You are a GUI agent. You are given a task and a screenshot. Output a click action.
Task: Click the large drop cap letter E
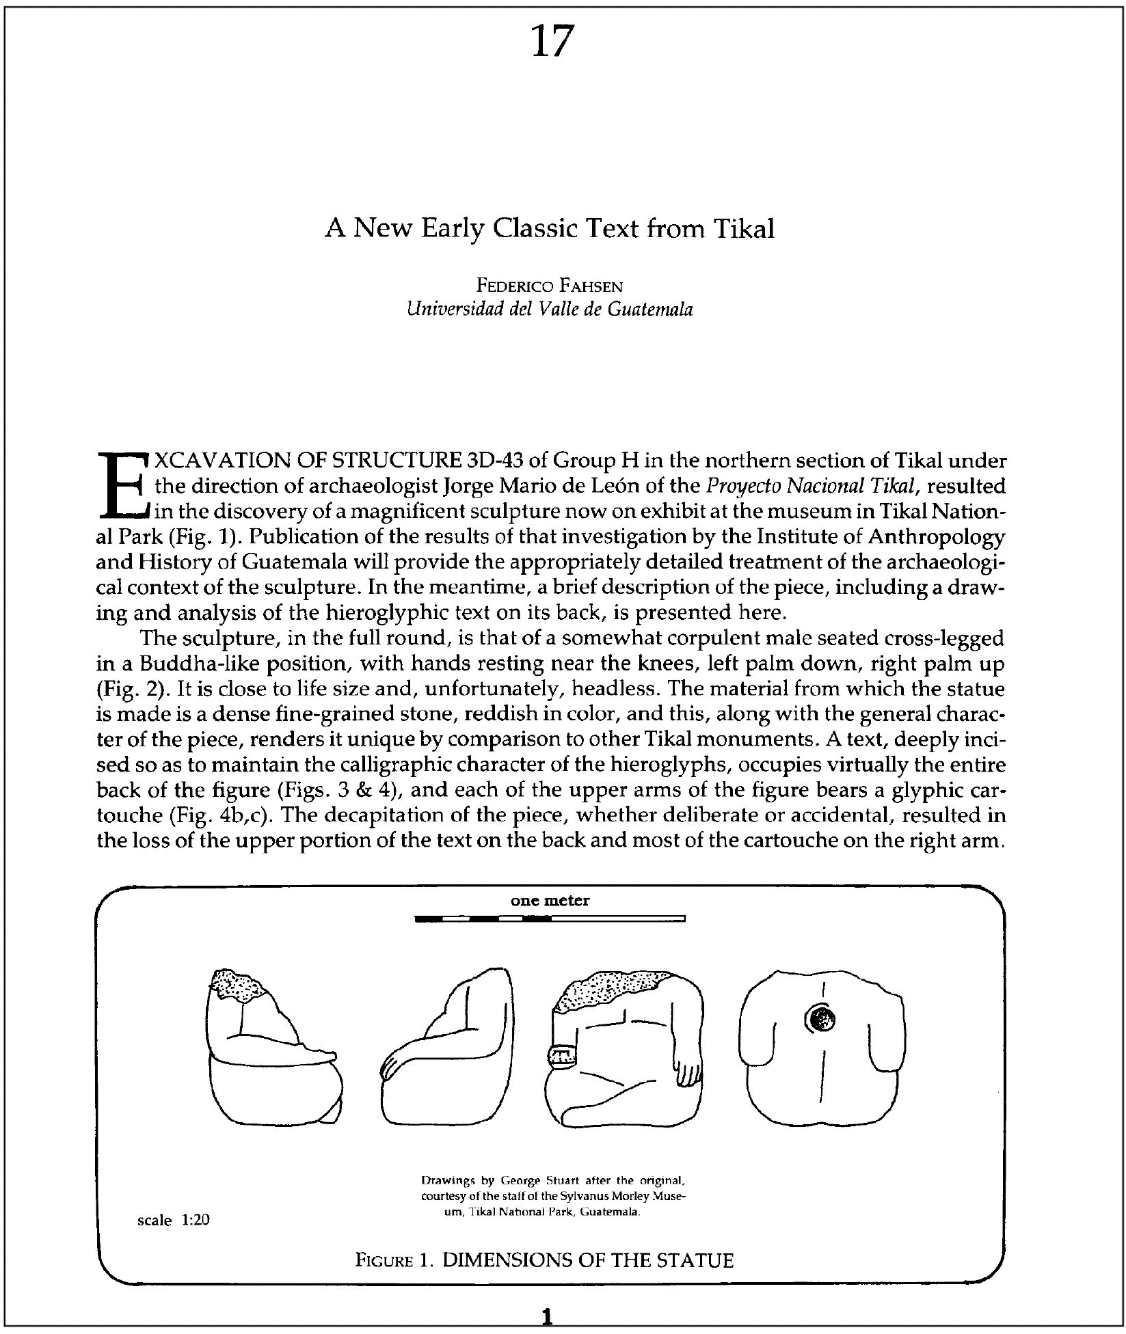[x=122, y=485]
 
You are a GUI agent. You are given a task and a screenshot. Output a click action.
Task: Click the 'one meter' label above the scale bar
[x=550, y=901]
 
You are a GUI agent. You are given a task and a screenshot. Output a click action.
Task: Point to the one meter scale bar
[x=550, y=919]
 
